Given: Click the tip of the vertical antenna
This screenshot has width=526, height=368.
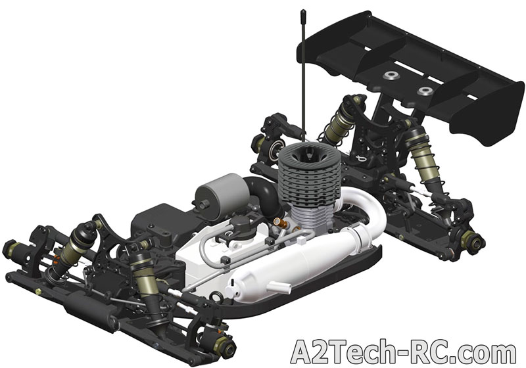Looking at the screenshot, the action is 303,11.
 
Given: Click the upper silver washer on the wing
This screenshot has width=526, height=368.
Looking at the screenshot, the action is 392,76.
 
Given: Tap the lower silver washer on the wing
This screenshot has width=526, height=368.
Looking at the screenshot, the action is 425,91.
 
